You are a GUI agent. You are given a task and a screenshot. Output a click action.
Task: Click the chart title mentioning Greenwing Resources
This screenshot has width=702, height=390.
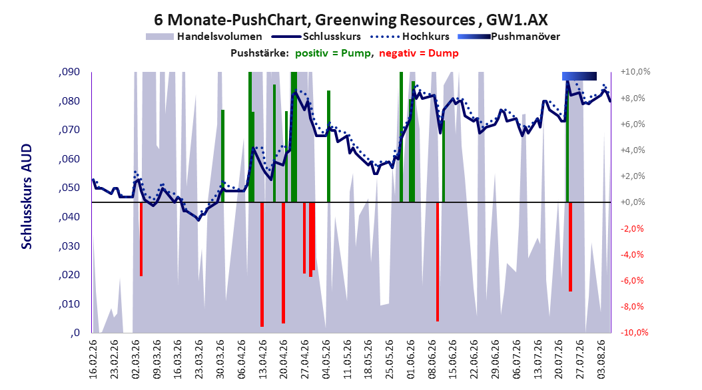click(350, 20)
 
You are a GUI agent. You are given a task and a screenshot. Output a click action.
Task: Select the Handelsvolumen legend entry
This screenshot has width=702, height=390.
click(204, 37)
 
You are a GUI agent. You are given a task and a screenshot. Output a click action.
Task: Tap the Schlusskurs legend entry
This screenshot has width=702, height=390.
click(316, 37)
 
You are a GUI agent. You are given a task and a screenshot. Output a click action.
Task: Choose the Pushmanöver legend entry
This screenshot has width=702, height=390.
click(509, 37)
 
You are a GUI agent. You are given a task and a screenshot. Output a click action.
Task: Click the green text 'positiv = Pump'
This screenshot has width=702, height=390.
click(333, 53)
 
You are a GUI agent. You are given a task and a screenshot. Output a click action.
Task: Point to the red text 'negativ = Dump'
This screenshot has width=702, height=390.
click(419, 53)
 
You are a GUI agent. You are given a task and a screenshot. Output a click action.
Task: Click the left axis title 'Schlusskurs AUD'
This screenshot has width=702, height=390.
click(27, 196)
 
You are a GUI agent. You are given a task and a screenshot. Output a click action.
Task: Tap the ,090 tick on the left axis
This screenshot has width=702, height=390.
click(69, 72)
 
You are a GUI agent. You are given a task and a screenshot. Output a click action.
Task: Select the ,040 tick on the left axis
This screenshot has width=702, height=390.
click(69, 217)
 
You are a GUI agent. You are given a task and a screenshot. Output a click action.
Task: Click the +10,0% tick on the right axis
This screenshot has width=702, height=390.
click(635, 72)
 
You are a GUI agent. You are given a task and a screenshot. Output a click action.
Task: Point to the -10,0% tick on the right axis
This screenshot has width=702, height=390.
click(634, 332)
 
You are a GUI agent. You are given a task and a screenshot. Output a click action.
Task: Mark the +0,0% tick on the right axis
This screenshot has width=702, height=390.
click(633, 202)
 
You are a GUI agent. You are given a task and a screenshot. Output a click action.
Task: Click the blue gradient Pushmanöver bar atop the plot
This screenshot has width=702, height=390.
click(579, 76)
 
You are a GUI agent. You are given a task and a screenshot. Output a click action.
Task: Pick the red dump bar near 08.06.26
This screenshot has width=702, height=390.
click(438, 262)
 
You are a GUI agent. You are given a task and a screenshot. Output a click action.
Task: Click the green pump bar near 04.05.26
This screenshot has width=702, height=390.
click(328, 146)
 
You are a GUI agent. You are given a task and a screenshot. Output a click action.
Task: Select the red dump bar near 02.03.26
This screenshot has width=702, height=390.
click(141, 240)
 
